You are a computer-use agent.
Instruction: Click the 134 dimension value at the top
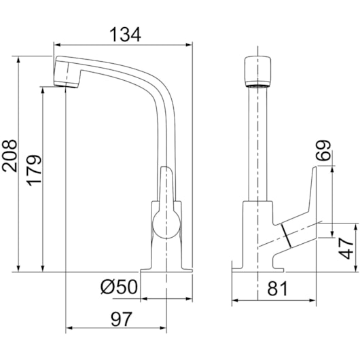click(125, 35)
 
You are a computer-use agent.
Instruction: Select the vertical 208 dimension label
click(10, 156)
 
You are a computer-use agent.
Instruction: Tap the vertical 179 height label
click(34, 170)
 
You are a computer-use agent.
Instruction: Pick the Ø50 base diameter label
click(119, 287)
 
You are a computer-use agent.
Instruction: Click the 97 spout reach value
click(122, 319)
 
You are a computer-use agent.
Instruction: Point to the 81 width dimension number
click(277, 289)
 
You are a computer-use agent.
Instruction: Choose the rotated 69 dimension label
click(323, 150)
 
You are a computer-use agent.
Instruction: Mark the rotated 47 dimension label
click(346, 249)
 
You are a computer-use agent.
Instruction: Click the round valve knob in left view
click(166, 225)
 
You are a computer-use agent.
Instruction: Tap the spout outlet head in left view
click(67, 72)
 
